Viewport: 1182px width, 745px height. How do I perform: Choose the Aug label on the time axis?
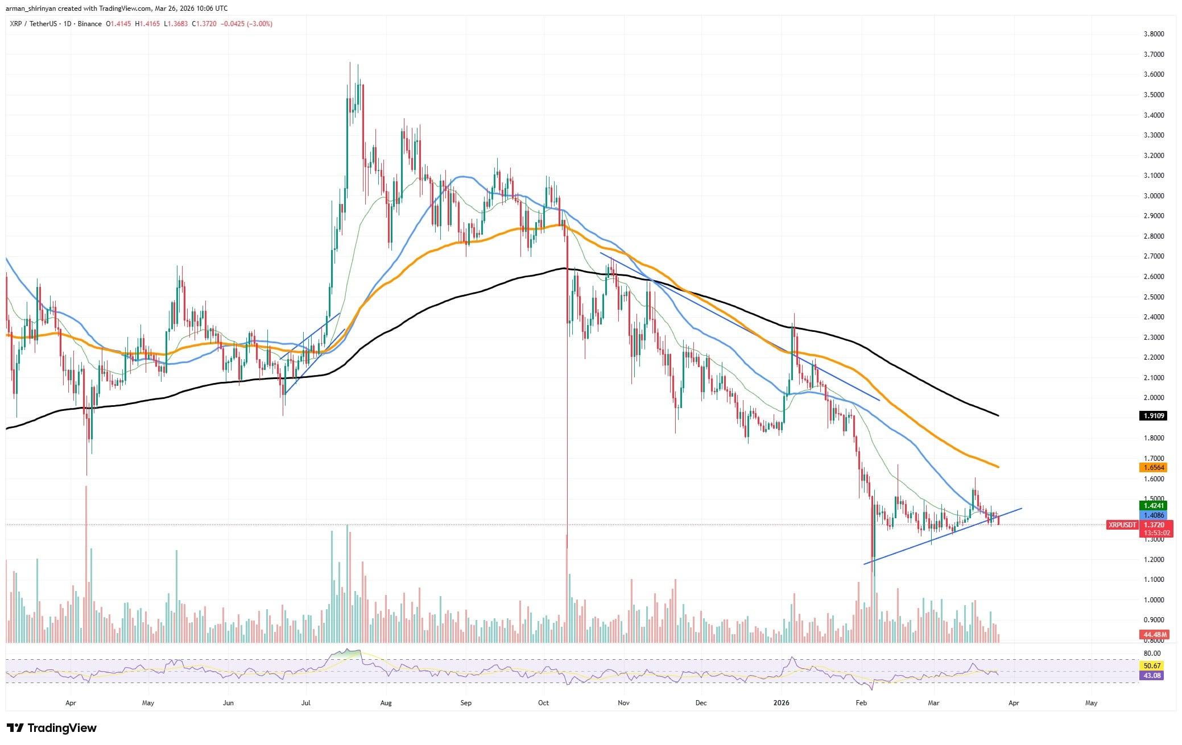(386, 703)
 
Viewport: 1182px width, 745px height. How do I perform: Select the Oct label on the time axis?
(543, 703)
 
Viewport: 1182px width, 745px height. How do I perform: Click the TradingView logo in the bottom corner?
(52, 728)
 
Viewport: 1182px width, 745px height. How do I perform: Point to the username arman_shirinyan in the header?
(35, 9)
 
